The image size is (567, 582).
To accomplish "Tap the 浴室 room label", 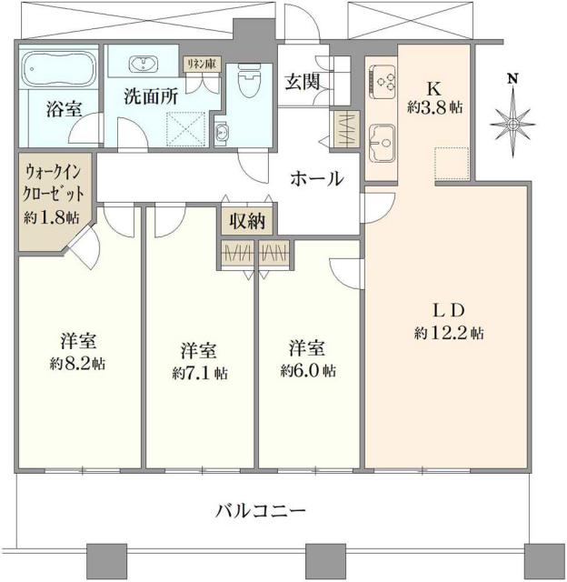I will tap(64, 109).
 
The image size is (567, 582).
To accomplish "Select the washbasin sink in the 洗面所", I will tap(144, 65).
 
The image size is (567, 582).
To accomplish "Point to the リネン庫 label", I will tap(199, 64).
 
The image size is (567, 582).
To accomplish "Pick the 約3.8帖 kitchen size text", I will tap(434, 107).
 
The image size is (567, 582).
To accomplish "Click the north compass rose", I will tap(512, 119).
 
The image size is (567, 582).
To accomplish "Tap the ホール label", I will tap(316, 179).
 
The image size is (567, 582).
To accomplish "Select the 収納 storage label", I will tap(247, 221).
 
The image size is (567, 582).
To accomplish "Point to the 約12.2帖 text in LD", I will tap(448, 334).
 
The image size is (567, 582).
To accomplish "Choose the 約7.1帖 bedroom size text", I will tap(200, 373).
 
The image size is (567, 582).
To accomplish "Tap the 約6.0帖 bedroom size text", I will tap(309, 370).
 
